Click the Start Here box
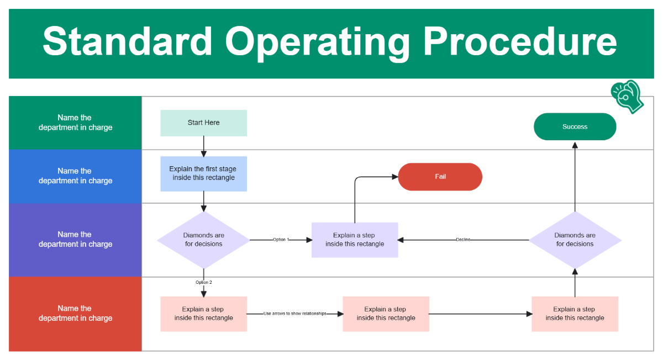click(203, 123)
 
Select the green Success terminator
click(575, 126)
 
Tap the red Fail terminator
click(440, 177)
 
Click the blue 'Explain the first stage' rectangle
click(203, 173)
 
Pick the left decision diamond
click(203, 240)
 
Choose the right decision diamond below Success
click(575, 240)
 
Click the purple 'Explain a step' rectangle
click(354, 240)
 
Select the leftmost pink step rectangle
click(203, 314)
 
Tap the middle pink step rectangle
click(386, 314)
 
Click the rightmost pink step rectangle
click(575, 314)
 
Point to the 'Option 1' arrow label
click(281, 240)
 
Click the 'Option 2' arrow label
click(203, 282)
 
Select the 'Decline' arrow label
click(463, 240)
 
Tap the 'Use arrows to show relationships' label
click(294, 314)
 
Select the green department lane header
click(75, 123)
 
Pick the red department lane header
click(75, 314)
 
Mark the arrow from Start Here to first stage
click(203, 146)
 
